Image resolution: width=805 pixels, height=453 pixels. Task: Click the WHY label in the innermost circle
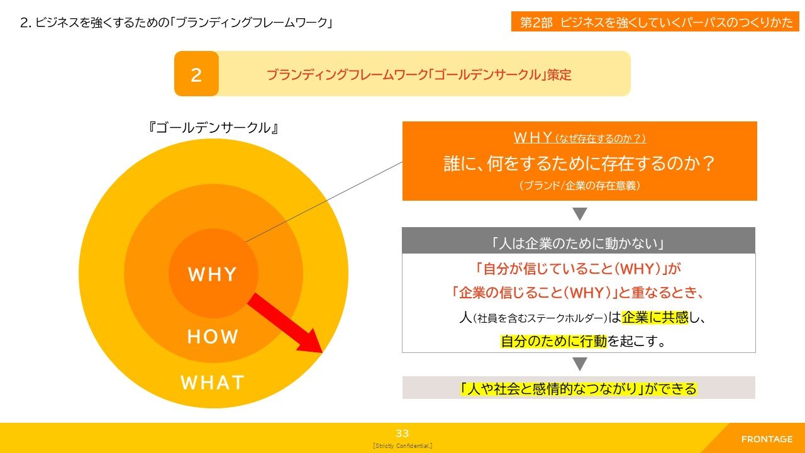tap(213, 274)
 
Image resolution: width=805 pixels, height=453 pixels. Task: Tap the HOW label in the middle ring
tap(213, 337)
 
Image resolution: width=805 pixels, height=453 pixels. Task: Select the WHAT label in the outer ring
tap(213, 383)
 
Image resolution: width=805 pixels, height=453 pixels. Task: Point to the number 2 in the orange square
tap(196, 75)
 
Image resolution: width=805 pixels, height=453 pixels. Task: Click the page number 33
tap(402, 433)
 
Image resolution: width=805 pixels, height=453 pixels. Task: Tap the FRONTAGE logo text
tap(767, 439)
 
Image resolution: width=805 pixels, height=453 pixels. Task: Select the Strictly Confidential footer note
tap(402, 446)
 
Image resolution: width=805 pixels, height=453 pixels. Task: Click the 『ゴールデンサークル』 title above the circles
tap(213, 128)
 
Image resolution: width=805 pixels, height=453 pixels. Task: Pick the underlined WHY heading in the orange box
tap(579, 138)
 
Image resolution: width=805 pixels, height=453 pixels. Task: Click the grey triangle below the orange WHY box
tap(580, 214)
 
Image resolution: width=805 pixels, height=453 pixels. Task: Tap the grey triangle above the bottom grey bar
tap(580, 364)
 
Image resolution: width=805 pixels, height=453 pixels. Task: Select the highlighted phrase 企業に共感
tap(655, 318)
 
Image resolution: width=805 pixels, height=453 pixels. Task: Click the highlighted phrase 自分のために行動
tap(554, 341)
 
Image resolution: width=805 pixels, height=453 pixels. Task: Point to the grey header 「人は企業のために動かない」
tap(579, 243)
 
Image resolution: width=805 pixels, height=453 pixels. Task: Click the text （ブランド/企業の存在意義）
tap(579, 186)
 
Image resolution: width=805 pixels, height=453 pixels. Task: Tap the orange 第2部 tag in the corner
tap(655, 21)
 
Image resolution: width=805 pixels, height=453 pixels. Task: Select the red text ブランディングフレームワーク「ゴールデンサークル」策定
tap(419, 75)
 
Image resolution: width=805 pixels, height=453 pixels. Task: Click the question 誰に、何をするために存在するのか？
tap(579, 164)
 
